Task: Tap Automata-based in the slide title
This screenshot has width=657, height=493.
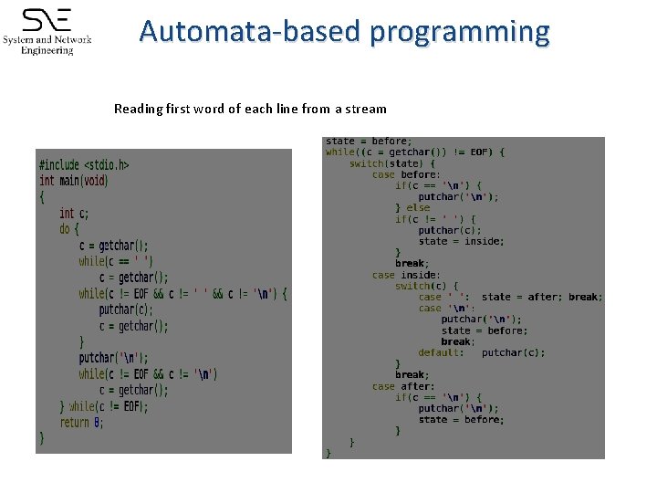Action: (251, 32)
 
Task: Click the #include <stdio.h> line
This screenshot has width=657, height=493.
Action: (84, 165)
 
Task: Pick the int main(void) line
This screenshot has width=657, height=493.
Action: (73, 181)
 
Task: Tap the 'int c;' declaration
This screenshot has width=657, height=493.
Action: (74, 214)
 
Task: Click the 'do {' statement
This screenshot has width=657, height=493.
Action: (69, 229)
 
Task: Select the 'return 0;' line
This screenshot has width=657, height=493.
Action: (81, 423)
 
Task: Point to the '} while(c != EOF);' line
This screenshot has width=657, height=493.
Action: (104, 406)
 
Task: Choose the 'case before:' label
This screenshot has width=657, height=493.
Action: (406, 174)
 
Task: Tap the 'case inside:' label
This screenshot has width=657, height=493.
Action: (406, 275)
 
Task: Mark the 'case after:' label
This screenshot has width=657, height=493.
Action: (402, 386)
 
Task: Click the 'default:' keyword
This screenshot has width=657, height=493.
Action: (441, 352)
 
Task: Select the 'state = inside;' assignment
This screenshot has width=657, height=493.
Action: (461, 241)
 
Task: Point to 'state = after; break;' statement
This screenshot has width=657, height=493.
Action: (541, 297)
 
